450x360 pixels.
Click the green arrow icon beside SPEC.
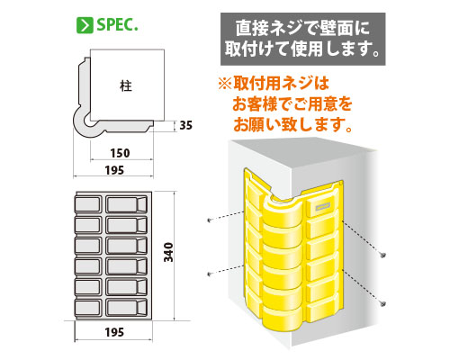coord(85,25)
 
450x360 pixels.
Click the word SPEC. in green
coord(117,25)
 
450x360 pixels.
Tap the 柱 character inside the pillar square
coord(126,86)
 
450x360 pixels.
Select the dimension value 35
coord(185,125)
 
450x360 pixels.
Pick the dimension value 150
coord(120,153)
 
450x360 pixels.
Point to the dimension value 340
coord(168,252)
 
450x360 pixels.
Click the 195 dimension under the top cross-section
coord(114,170)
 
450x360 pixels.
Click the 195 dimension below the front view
coord(114,332)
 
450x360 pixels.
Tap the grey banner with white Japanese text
coord(303,39)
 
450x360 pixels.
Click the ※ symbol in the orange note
coord(224,84)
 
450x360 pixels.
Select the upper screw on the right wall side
coord(382,256)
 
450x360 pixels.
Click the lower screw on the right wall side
coord(382,303)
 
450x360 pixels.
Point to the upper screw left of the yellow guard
coord(210,220)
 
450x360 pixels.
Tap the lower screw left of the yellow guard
coord(210,274)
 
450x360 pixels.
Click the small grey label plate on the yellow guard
coord(322,206)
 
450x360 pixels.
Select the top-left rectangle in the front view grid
coord(87,204)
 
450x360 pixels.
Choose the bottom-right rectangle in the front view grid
coord(126,308)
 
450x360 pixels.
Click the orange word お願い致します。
coord(292,124)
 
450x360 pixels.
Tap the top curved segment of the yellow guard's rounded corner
coord(283,205)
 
